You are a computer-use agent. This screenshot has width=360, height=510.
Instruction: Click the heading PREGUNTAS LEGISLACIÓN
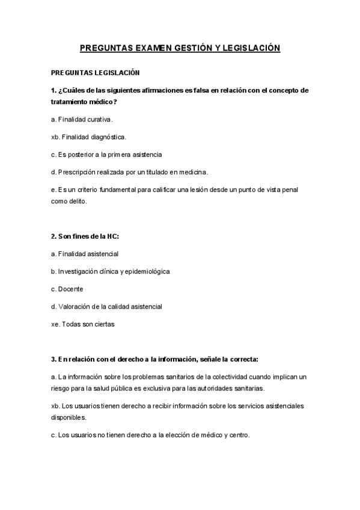pyautogui.click(x=96, y=73)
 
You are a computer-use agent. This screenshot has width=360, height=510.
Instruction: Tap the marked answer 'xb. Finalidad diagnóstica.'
pyautogui.click(x=89, y=137)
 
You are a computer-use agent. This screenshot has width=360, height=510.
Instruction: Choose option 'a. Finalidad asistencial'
pyautogui.click(x=85, y=254)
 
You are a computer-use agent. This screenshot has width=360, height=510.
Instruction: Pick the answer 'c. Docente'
pyautogui.click(x=67, y=289)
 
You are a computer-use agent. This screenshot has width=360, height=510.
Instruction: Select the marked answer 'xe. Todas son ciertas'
pyautogui.click(x=83, y=324)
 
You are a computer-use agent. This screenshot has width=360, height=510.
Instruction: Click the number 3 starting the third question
pyautogui.click(x=53, y=359)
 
